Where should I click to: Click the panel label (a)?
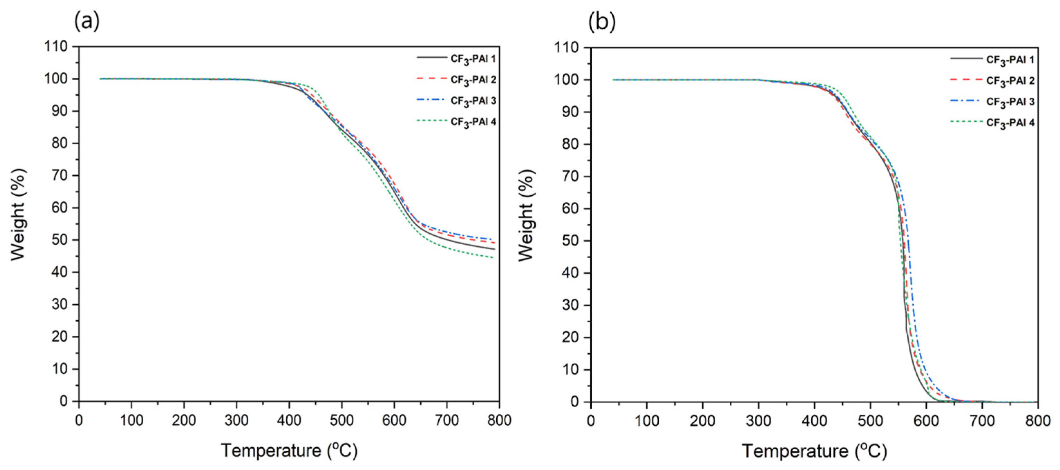(87, 21)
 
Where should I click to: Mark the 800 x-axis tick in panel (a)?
(499, 420)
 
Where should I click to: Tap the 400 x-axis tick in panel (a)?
(289, 420)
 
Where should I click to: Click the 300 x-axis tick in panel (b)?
(758, 421)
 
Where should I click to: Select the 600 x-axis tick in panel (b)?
(926, 421)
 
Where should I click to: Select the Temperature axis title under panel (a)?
(289, 451)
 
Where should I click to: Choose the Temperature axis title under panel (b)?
(814, 451)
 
